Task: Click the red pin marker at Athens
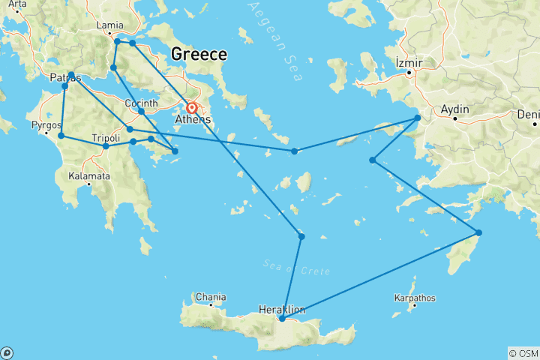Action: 192,107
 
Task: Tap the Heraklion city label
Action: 281,309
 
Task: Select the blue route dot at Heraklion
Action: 281,319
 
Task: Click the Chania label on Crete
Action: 210,297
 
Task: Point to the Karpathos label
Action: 414,298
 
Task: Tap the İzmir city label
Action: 409,62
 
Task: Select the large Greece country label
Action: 199,54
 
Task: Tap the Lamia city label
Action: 110,25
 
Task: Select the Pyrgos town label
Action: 46,125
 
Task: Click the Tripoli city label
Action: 106,138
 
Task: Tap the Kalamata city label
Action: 90,176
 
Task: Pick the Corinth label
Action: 141,103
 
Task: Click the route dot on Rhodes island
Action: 478,232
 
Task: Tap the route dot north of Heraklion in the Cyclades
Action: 301,237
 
